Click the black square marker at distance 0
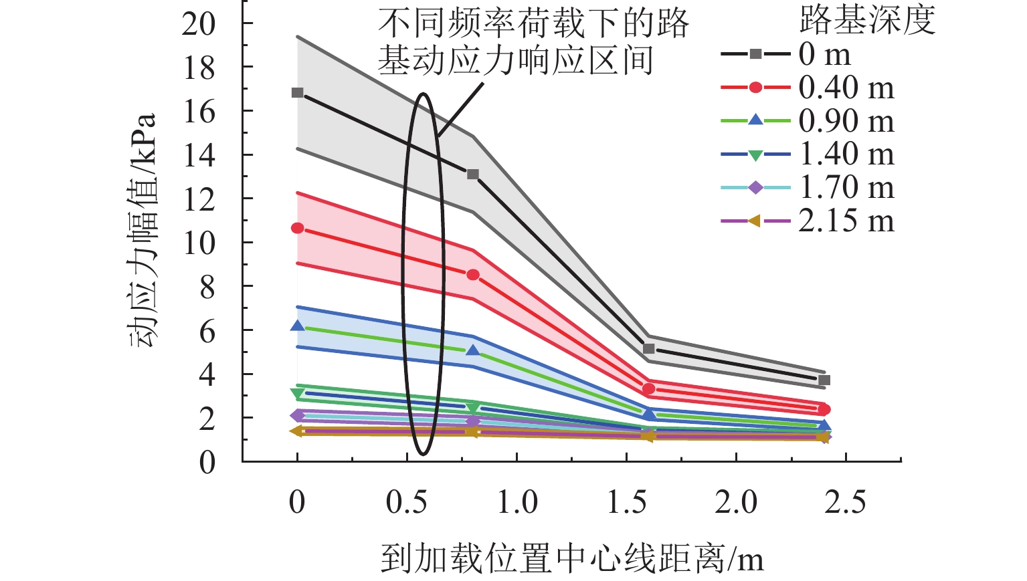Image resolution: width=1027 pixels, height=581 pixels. click(297, 92)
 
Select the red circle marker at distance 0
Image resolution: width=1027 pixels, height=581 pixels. click(297, 228)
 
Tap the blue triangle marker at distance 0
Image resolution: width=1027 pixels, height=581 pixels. click(297, 326)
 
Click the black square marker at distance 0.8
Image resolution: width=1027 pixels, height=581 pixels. click(473, 174)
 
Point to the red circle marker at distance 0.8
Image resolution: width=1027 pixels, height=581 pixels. click(473, 275)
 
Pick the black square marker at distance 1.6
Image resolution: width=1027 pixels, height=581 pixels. click(648, 348)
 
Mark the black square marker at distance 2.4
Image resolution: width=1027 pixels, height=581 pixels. click(824, 380)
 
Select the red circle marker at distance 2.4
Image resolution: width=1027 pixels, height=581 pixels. click(824, 409)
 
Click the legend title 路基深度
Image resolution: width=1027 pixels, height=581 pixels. click(867, 21)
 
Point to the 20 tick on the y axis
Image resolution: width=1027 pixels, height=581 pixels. click(199, 23)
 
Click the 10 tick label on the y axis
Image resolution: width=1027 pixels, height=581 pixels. click(199, 243)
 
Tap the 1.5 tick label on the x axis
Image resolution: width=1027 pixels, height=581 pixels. click(626, 502)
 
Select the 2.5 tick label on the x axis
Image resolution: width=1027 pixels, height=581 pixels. click(845, 502)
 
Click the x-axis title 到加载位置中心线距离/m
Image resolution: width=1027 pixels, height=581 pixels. click(572, 559)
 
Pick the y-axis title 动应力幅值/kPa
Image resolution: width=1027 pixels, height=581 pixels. click(143, 231)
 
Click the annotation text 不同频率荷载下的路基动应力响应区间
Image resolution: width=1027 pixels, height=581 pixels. click(533, 41)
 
